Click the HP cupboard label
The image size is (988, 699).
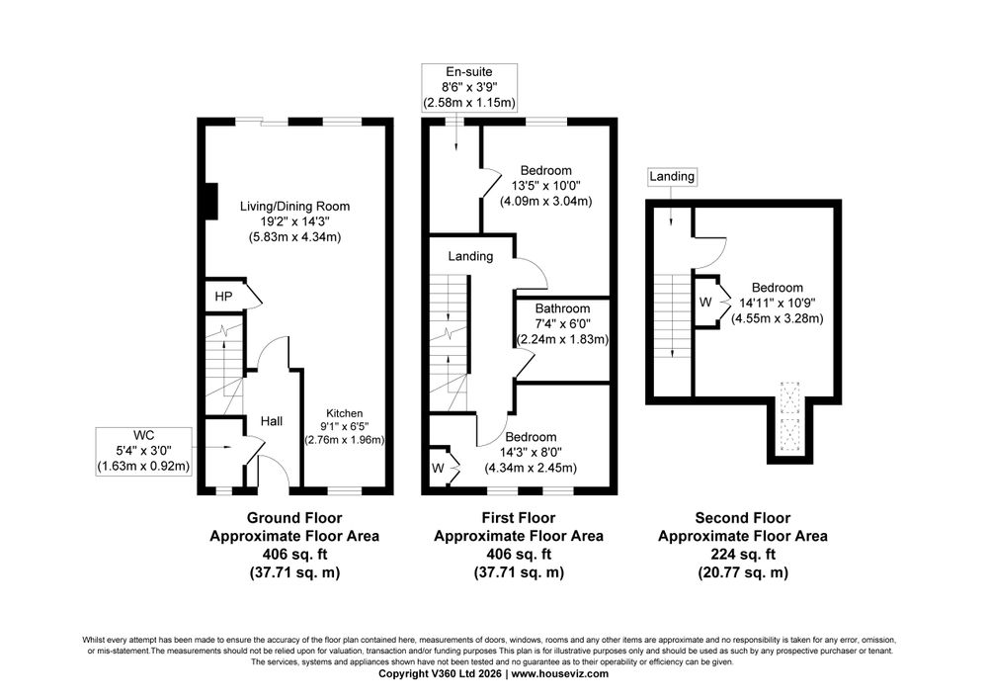(223, 297)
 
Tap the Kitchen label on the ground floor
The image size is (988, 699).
(344, 413)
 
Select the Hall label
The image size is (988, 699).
(272, 421)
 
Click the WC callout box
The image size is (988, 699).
(143, 451)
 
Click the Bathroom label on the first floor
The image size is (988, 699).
(563, 308)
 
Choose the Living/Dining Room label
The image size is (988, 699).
(294, 206)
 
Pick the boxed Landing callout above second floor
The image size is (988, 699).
(672, 177)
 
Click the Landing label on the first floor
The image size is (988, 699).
(470, 256)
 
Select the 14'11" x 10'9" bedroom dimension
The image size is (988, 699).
(777, 304)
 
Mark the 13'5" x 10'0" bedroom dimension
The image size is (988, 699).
(546, 186)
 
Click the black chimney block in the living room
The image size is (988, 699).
(212, 202)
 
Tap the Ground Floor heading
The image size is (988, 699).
(294, 518)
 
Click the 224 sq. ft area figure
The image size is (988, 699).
(743, 555)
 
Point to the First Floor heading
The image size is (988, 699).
(519, 518)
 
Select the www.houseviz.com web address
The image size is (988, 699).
(559, 673)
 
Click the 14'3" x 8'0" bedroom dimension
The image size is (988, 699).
(531, 453)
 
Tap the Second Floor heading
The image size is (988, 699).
(743, 518)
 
